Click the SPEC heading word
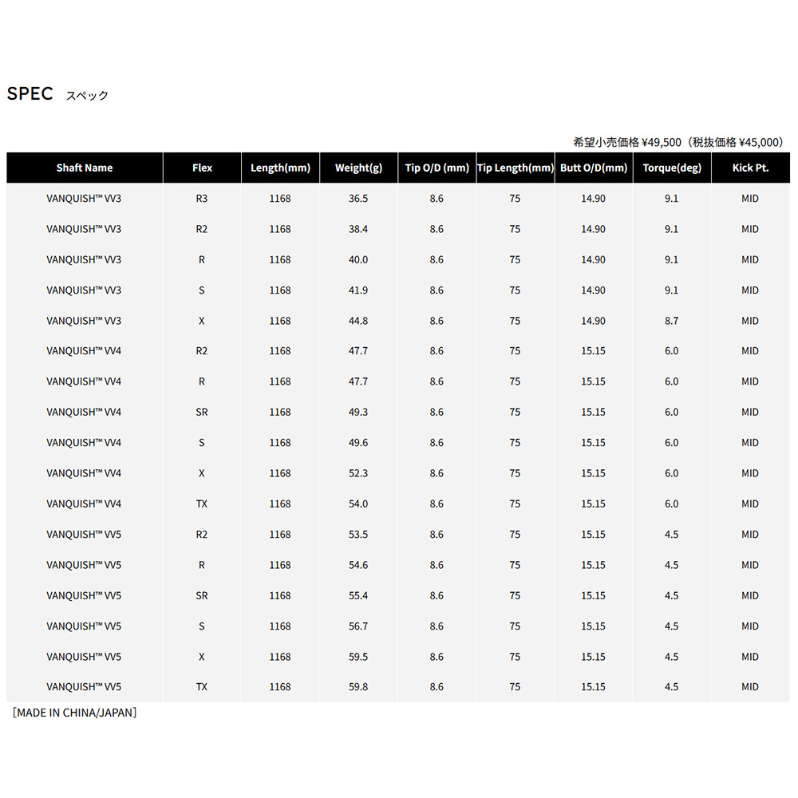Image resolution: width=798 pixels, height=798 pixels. coord(30,93)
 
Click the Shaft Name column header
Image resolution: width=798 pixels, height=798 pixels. coord(85,168)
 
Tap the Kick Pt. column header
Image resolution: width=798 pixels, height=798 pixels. coord(749,168)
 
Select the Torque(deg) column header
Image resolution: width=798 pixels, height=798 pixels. coord(672,168)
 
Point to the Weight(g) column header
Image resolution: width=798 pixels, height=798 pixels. coord(358,168)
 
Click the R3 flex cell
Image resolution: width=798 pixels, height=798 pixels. coord(202,199)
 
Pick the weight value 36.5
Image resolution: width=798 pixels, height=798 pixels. coord(358,199)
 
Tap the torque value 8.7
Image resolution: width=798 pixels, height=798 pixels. coord(671,321)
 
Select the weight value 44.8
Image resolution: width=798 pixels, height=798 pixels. coord(358,321)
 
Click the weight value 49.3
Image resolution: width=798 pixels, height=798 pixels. coord(358,413)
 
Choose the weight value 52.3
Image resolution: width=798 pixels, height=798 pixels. coord(358,473)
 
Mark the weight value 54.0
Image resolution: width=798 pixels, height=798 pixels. coord(358,504)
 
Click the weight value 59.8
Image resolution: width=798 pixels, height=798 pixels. coord(358,687)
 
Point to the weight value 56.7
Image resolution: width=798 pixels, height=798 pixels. coord(358,626)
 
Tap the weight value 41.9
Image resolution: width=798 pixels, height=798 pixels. coord(358,290)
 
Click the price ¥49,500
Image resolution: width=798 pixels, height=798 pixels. coord(662,142)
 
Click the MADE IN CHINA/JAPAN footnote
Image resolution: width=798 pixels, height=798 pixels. coord(74,713)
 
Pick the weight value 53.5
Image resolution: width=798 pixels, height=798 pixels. coord(358,535)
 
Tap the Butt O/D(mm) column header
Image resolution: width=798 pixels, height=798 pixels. coord(593,168)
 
